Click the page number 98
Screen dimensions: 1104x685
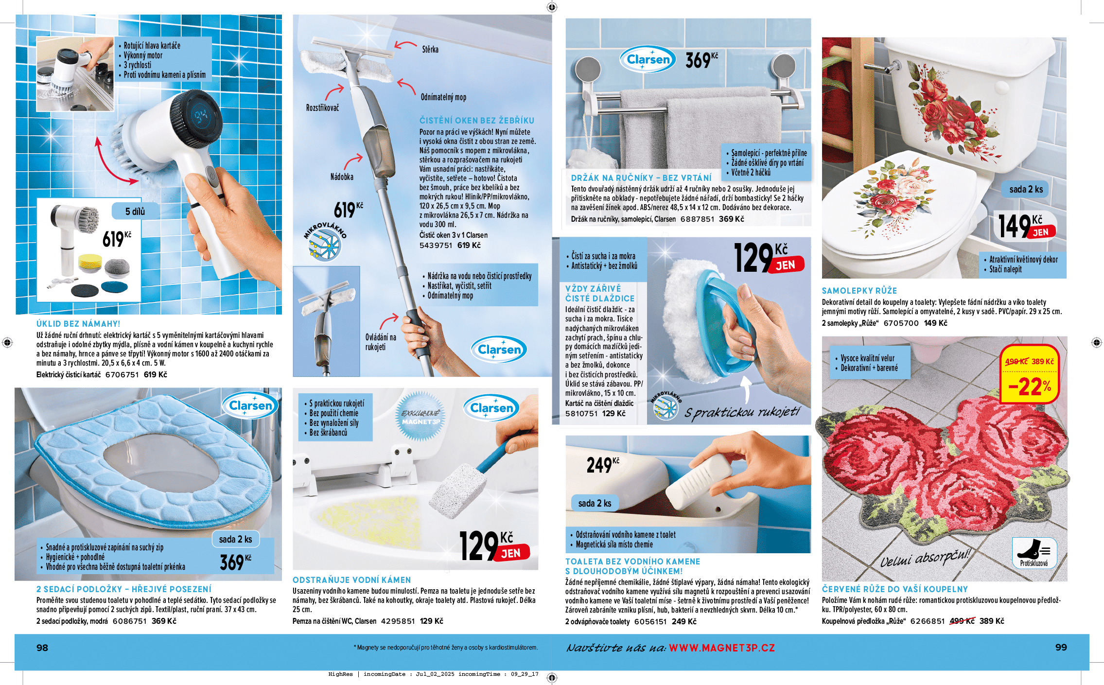click(42, 648)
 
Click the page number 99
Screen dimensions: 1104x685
click(1061, 648)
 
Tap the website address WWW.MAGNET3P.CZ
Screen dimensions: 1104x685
click(722, 648)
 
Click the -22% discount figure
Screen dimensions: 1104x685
click(1030, 387)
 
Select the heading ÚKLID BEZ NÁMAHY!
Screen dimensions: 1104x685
click(78, 324)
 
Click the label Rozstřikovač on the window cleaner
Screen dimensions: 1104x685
click(322, 108)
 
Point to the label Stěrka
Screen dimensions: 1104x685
click(430, 50)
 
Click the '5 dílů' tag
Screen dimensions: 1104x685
click(135, 211)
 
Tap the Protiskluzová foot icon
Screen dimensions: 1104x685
click(1034, 553)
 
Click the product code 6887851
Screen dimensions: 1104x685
click(697, 219)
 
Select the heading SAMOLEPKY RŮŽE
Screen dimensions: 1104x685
click(859, 291)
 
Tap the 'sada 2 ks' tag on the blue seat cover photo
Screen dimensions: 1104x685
click(236, 539)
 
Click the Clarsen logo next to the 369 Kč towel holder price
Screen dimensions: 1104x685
click(648, 60)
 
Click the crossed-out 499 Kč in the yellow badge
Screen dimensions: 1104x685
click(1016, 362)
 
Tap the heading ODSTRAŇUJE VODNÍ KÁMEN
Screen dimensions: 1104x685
click(352, 580)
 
